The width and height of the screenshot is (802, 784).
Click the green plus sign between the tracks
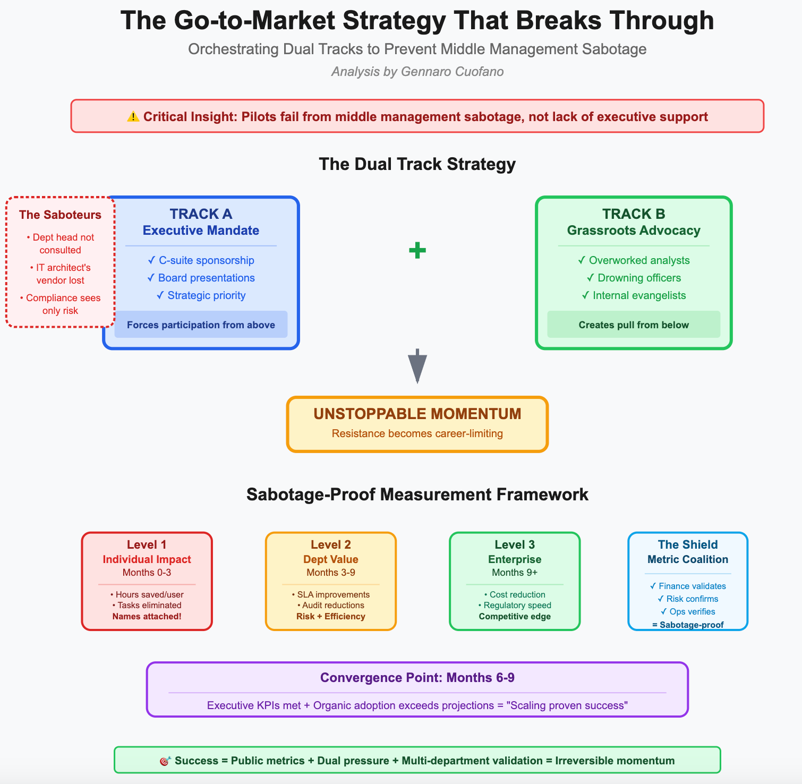point(417,250)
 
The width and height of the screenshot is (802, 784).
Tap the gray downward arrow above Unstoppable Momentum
point(417,366)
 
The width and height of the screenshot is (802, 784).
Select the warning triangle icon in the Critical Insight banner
point(133,116)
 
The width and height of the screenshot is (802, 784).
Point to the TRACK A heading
point(201,214)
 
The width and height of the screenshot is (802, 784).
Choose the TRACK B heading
point(634,214)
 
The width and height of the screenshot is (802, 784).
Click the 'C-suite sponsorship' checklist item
point(201,260)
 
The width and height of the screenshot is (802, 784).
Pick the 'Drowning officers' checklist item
point(634,278)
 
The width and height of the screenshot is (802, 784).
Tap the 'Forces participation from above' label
point(201,325)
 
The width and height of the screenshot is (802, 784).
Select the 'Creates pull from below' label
point(634,325)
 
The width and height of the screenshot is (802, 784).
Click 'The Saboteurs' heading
point(60,215)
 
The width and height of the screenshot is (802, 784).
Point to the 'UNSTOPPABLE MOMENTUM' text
point(417,414)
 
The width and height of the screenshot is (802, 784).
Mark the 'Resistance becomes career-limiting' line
point(417,433)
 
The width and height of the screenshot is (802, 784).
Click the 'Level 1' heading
point(147,544)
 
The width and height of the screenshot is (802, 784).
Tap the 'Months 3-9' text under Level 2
point(331,573)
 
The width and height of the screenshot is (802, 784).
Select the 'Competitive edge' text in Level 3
point(515,617)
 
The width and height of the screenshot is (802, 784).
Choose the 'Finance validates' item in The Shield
point(688,586)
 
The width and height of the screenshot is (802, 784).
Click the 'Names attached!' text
point(147,617)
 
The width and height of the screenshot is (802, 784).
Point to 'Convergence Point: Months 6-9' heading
point(417,678)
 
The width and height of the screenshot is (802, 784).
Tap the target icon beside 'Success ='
point(165,761)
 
